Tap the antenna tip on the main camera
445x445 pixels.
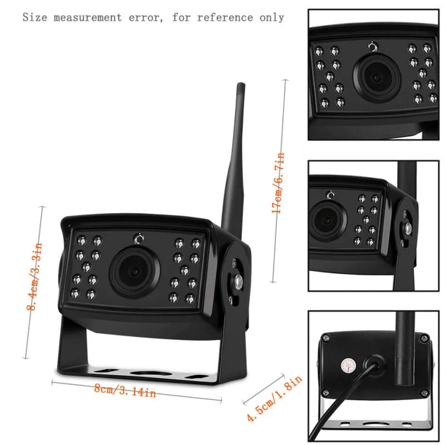pyautogui.click(x=240, y=87)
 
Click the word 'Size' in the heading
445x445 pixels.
pyautogui.click(x=36, y=17)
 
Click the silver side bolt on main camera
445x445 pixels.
pyautogui.click(x=238, y=281)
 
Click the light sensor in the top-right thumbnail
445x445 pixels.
pyautogui.click(x=373, y=47)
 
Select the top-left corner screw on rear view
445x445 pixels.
pyautogui.click(x=328, y=338)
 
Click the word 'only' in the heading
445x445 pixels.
pyautogui.click(x=271, y=17)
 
